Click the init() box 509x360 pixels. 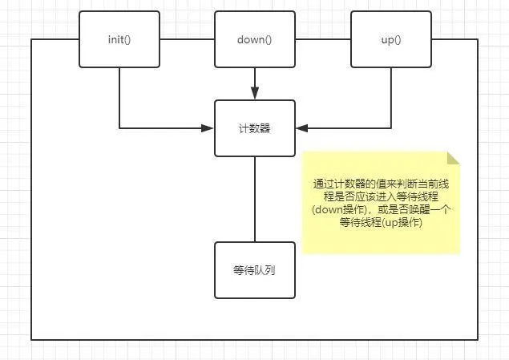pos(119,39)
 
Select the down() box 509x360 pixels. pos(255,39)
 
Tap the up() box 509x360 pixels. pos(391,39)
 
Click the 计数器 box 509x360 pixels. pos(255,128)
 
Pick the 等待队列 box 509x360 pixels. pos(255,269)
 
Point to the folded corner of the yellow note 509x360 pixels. pos(454,158)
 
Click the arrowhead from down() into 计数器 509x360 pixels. pos(255,94)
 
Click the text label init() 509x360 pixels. pos(119,39)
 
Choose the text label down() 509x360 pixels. pos(255,39)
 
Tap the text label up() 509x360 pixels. pos(391,39)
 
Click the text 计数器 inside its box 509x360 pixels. pos(255,128)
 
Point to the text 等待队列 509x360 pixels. pos(255,269)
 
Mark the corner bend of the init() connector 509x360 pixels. pos(119,128)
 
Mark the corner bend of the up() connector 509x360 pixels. pos(391,128)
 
